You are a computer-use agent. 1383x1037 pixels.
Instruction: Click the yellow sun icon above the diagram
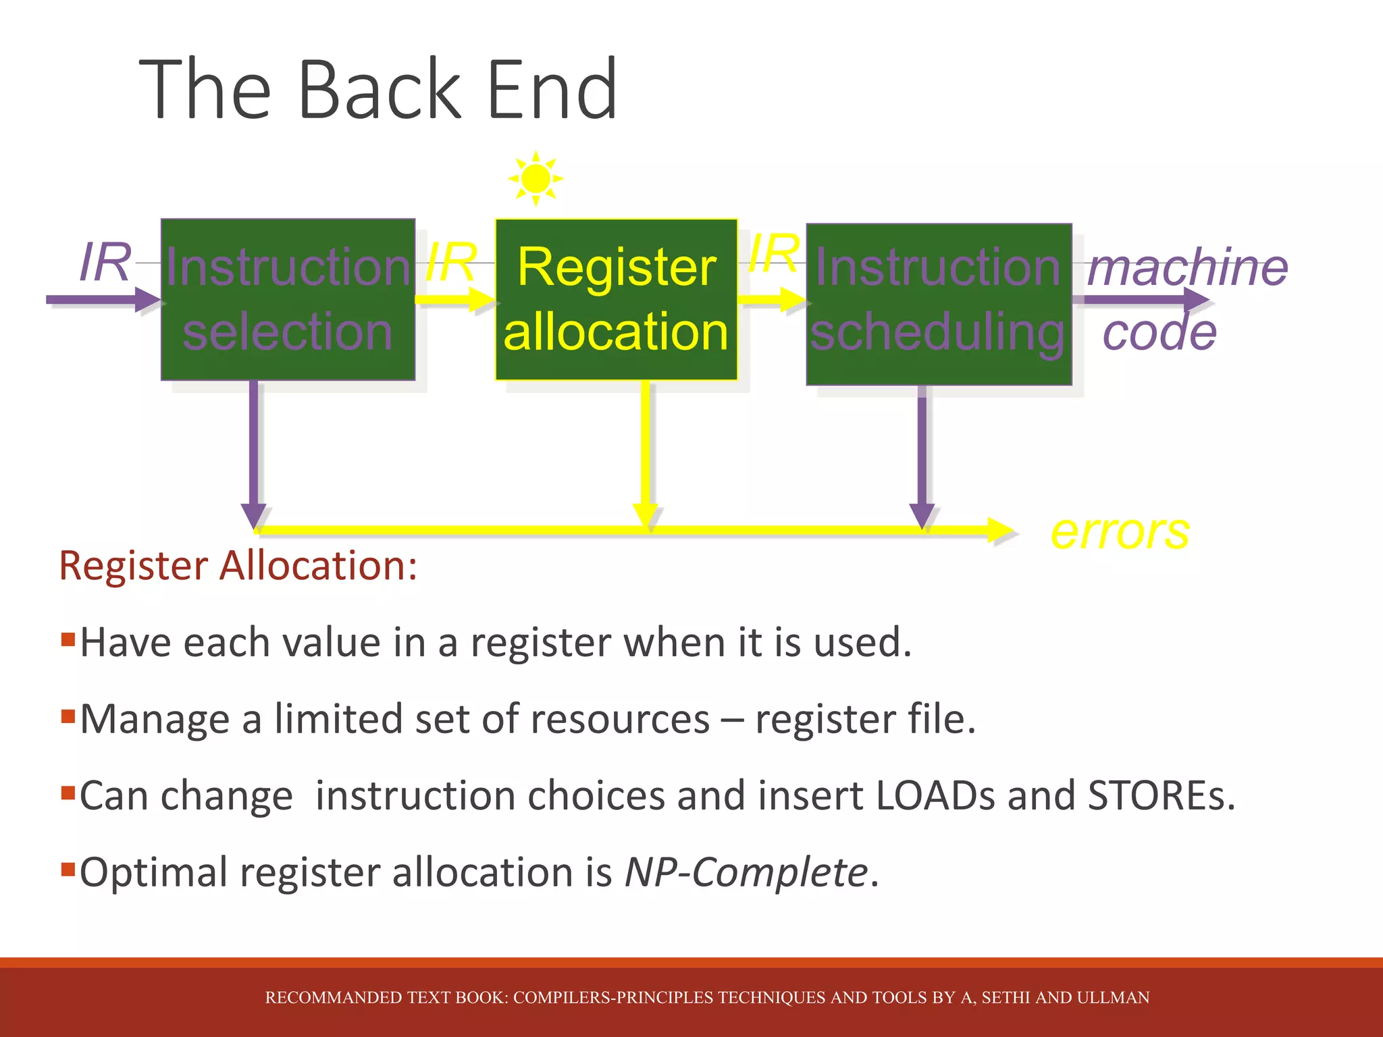(x=536, y=178)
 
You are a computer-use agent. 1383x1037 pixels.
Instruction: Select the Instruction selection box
(x=288, y=299)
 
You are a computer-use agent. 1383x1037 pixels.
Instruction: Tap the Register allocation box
(x=616, y=299)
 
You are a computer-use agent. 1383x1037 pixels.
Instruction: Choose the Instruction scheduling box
(x=939, y=304)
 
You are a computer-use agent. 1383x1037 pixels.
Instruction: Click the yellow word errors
(x=1120, y=532)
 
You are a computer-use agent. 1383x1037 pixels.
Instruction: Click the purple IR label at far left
(x=105, y=262)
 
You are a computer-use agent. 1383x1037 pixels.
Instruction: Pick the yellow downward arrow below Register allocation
(x=646, y=452)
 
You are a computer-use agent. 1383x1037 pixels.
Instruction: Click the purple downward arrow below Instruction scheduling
(x=922, y=452)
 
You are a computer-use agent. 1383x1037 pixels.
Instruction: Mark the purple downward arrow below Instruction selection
(x=253, y=452)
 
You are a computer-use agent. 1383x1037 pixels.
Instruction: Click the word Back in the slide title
(x=378, y=89)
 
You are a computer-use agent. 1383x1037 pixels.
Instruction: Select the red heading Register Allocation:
(x=238, y=565)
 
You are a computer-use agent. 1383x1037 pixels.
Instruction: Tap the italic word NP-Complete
(x=746, y=872)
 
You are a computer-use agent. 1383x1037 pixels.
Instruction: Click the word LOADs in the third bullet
(x=935, y=795)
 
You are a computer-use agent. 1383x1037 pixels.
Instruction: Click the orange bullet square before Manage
(x=68, y=716)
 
